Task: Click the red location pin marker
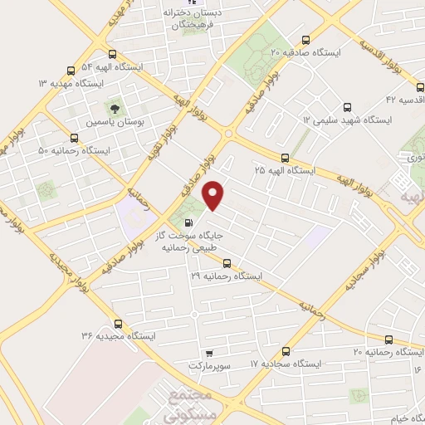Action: point(214,195)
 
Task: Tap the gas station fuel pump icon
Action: point(189,222)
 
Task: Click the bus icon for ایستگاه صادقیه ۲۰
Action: point(306,39)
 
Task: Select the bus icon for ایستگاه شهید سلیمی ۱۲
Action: point(347,106)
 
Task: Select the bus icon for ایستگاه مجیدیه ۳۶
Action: point(117,324)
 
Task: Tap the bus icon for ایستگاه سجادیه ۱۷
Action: point(286,351)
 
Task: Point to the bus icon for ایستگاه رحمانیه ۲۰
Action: point(389,340)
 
